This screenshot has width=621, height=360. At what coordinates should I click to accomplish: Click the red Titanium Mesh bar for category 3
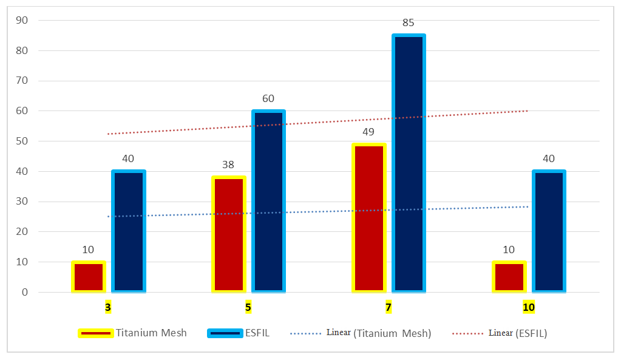coord(89,277)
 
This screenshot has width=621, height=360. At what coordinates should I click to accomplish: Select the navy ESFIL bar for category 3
coord(129,231)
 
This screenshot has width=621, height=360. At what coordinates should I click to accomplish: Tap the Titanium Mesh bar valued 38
coord(229,234)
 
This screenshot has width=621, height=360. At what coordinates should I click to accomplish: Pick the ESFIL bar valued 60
coord(268,201)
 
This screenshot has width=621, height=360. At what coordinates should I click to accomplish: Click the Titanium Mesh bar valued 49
coord(369,218)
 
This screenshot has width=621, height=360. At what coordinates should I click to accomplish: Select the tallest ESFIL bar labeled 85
coord(409,163)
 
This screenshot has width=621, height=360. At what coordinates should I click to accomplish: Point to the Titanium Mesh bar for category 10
coord(509,277)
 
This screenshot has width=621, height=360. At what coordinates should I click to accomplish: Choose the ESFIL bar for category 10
coord(549,231)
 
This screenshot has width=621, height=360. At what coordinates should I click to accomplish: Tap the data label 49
coord(368,132)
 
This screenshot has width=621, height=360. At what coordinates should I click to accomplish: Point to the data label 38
coord(228,165)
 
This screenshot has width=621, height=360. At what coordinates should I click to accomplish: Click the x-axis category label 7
coord(388,307)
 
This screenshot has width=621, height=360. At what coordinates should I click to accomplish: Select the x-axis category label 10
coord(529,307)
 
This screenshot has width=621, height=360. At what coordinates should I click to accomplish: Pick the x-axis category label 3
coord(107,307)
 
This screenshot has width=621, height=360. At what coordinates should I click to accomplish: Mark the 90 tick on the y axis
coord(22,20)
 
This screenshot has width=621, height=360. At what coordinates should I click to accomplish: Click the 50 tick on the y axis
coord(22,141)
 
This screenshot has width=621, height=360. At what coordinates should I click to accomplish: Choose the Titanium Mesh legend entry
coord(132,333)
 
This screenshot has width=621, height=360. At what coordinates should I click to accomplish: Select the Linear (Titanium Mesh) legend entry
coord(361,333)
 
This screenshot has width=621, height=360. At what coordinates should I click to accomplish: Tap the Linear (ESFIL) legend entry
coord(500,333)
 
